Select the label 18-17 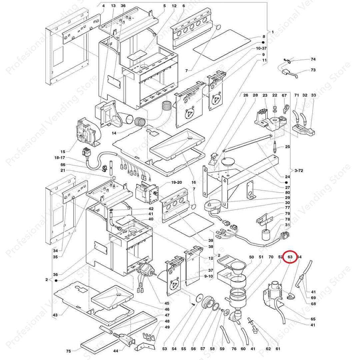click(60, 158)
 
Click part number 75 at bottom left click(68, 351)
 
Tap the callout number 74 click(313, 59)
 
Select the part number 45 click(167, 303)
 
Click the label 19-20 click(176, 183)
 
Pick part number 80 click(287, 192)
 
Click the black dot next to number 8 click(263, 43)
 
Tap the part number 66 click(63, 165)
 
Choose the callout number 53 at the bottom click(164, 349)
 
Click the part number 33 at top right click(313, 95)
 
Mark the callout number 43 click(55, 315)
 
